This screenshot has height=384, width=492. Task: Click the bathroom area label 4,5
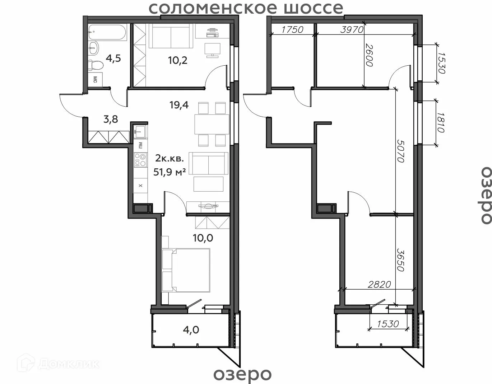point(113,58)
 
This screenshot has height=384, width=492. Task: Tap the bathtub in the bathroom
point(107,33)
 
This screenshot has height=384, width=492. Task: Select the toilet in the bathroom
point(96,66)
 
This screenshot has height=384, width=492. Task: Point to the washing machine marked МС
point(95,80)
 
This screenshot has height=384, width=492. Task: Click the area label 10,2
point(178,61)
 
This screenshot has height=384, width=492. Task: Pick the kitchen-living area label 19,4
point(179,105)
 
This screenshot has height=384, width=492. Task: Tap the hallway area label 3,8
point(111,119)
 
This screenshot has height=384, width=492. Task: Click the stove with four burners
point(140,160)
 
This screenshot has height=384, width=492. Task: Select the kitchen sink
point(140,131)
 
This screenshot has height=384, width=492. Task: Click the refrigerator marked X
point(140,186)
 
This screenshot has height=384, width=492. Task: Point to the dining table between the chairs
point(212,124)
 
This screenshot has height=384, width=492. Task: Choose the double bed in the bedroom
point(186,270)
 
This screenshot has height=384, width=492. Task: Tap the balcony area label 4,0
point(191,330)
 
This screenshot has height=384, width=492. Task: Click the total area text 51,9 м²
point(170,172)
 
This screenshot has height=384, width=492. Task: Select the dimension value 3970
point(352,30)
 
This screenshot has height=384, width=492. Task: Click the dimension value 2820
point(380,285)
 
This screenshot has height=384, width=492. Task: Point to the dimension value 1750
point(292,30)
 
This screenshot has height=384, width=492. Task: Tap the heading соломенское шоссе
point(246,8)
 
